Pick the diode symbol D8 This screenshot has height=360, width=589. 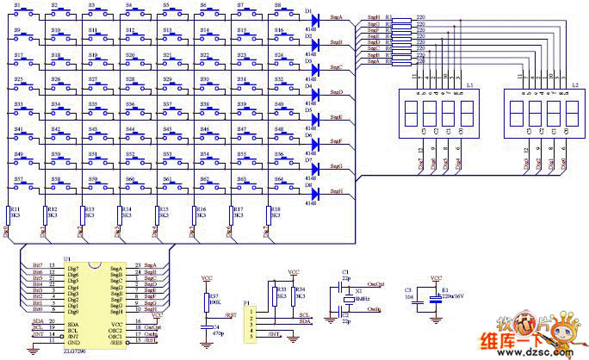coord(313,192)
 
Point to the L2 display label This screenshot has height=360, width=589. coord(574,86)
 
